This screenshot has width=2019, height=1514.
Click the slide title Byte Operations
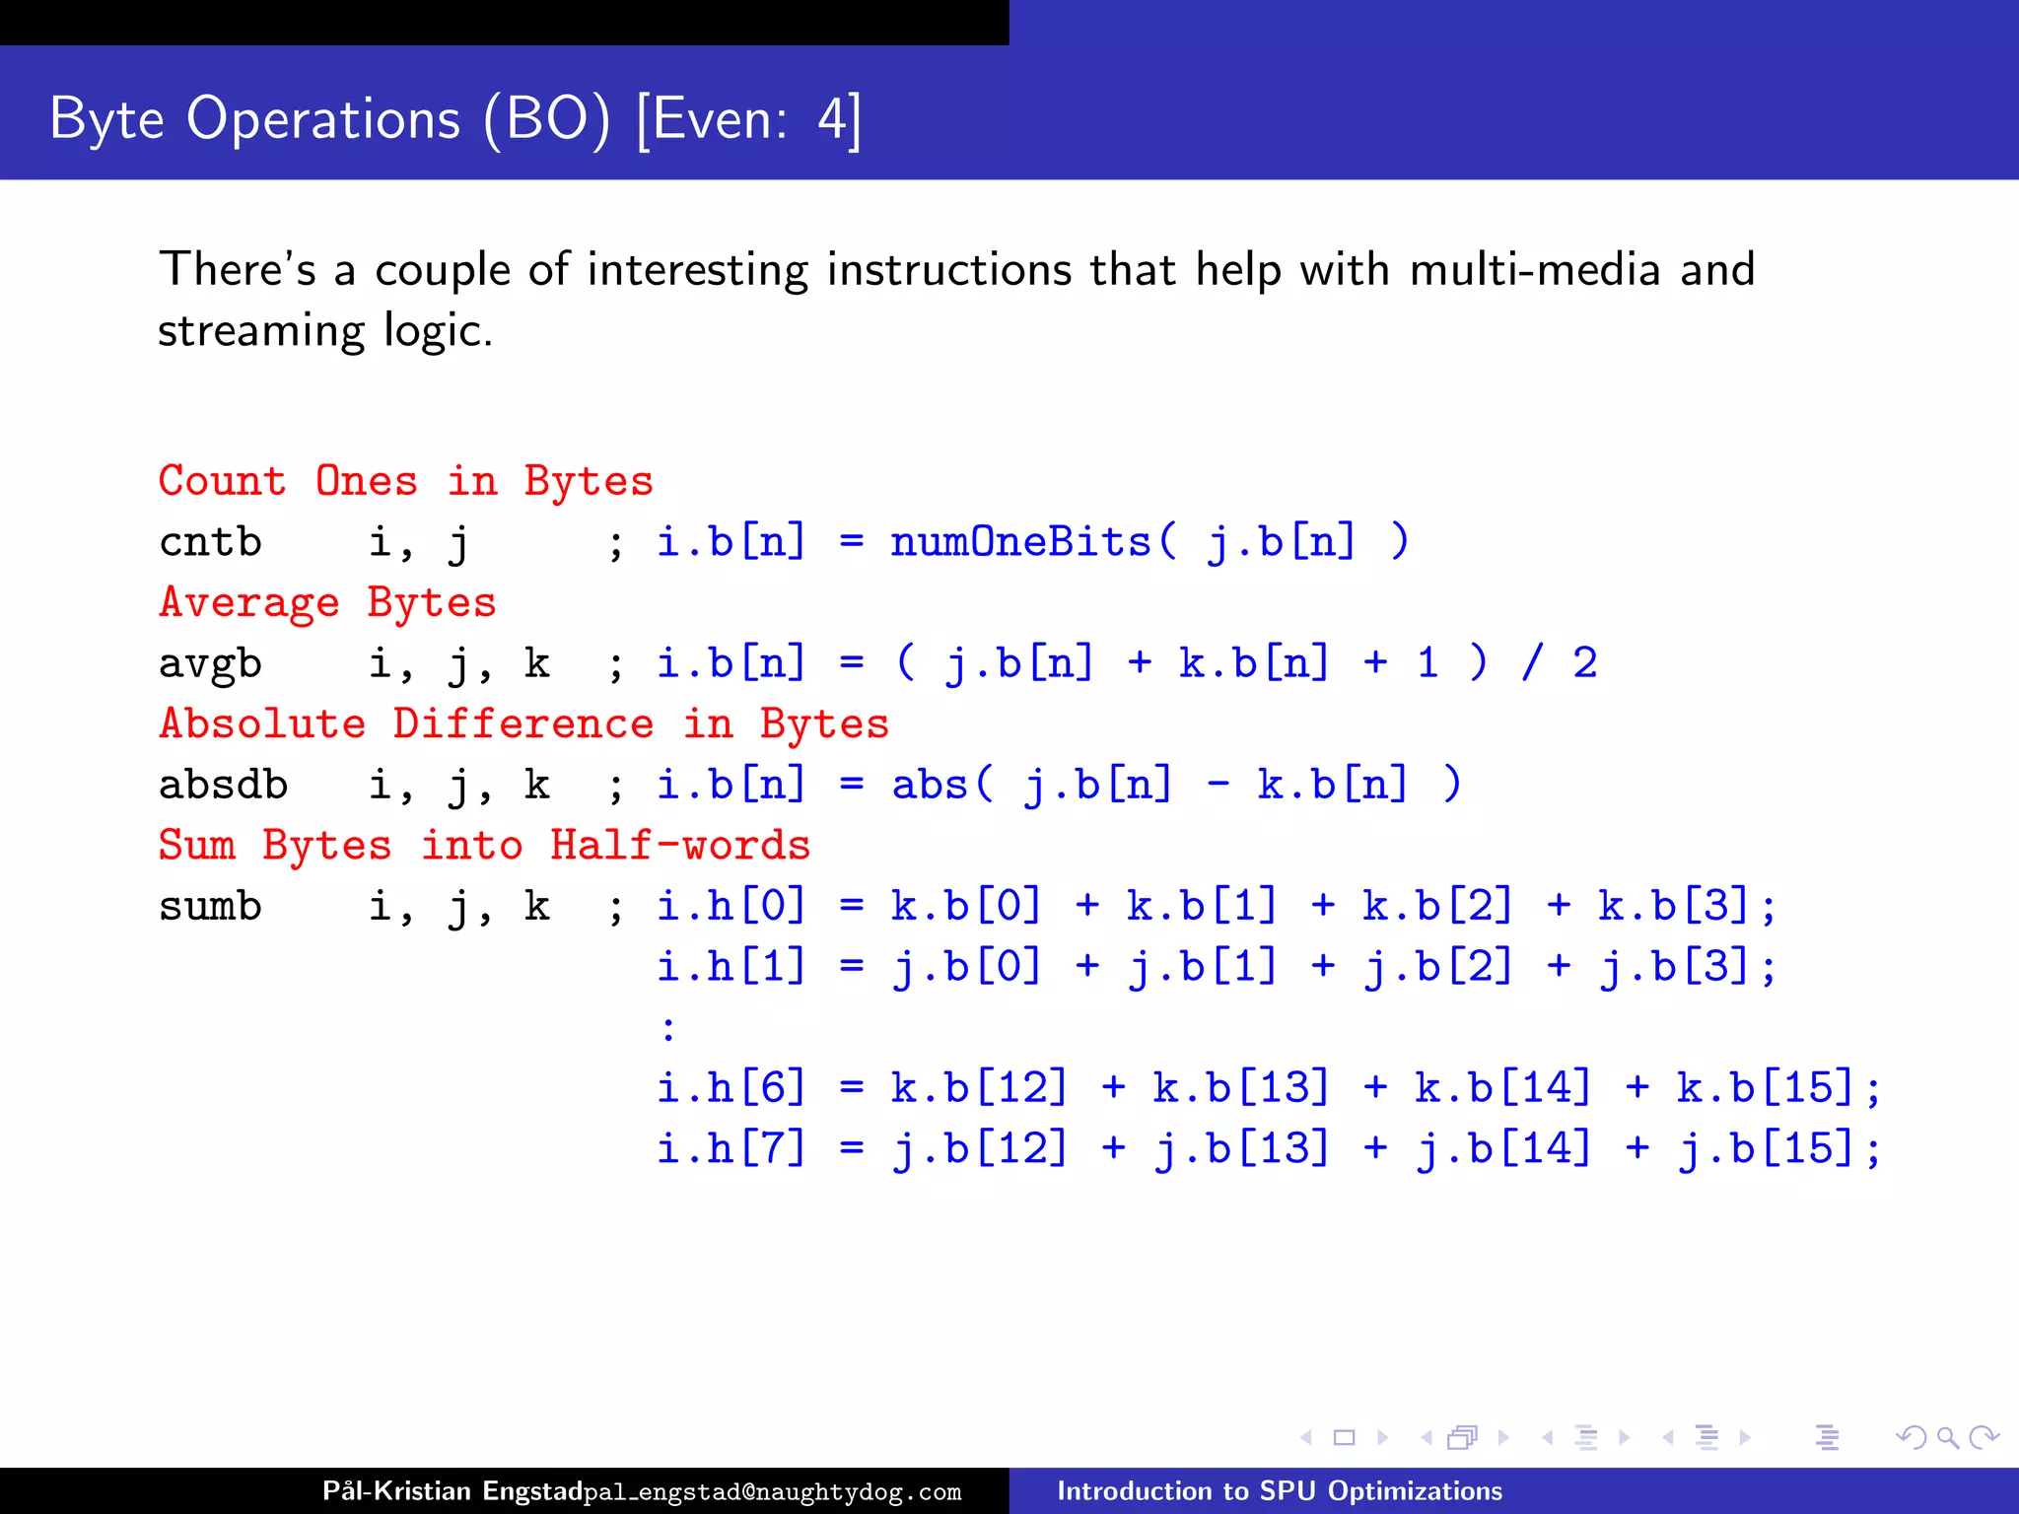pos(453,119)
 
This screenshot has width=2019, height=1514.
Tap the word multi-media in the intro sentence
pos(1535,270)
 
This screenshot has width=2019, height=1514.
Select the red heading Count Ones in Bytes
pos(405,481)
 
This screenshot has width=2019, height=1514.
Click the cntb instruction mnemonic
pos(210,542)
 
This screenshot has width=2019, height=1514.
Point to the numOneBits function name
pos(1020,542)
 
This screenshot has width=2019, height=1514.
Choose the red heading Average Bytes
pos(327,602)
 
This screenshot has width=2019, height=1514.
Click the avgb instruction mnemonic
pos(210,663)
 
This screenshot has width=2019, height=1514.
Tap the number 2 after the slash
pos(1584,663)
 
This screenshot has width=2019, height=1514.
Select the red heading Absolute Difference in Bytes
pos(523,724)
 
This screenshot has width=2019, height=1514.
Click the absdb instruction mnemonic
pos(223,786)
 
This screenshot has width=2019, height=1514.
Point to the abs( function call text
pos(941,786)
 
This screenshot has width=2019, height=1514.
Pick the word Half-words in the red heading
pos(680,846)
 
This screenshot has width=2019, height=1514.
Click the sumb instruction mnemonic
pos(210,907)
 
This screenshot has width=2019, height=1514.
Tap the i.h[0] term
pos(731,907)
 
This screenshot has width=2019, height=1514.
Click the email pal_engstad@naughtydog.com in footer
pos(772,1492)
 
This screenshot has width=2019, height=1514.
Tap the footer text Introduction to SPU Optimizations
pos(1280,1491)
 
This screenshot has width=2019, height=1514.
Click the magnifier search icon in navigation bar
pos(1947,1438)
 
